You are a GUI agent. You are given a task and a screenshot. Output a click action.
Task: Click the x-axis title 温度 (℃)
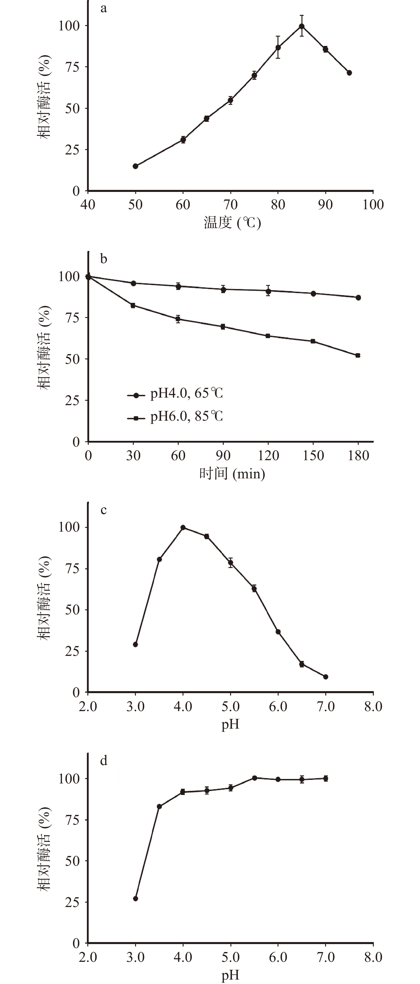click(232, 222)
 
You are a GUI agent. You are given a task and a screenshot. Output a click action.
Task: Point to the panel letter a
click(103, 8)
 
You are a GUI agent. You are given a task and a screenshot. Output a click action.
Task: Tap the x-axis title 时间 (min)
click(232, 474)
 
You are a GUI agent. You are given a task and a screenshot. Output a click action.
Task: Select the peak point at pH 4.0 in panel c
click(183, 528)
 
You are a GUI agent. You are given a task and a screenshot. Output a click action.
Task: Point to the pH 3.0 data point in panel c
click(135, 644)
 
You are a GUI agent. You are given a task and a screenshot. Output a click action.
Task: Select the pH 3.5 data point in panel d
click(159, 806)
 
